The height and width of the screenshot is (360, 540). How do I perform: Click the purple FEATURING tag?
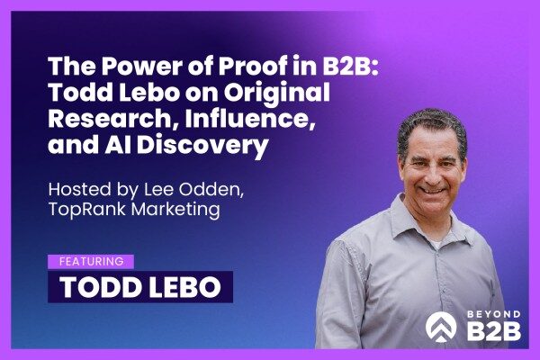click(x=90, y=262)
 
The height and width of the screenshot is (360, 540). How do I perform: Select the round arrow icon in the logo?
click(x=441, y=323)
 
